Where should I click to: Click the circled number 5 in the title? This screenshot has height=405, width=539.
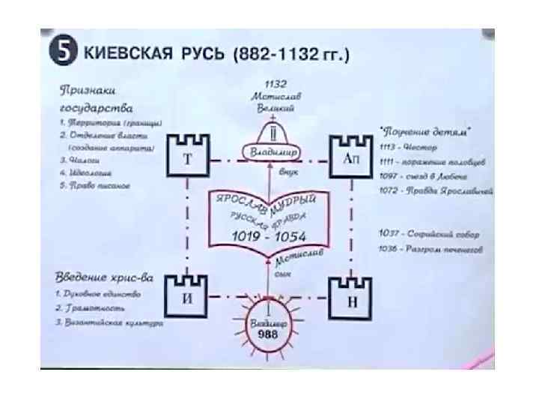[64, 53]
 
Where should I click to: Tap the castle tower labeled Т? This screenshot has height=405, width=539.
[186, 157]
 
